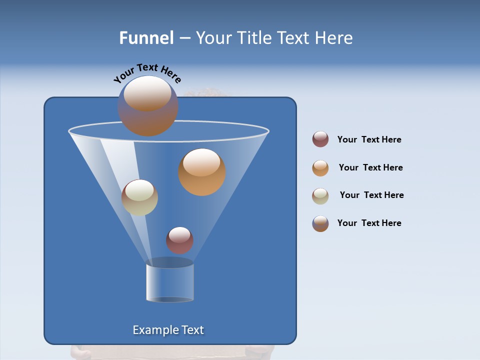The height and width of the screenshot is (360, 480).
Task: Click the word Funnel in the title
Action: (146, 38)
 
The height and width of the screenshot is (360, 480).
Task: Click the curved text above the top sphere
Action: (147, 72)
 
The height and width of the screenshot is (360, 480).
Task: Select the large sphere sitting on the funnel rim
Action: (147, 106)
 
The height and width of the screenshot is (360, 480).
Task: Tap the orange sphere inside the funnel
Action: (201, 172)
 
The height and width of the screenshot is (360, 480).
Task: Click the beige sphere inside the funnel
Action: (139, 197)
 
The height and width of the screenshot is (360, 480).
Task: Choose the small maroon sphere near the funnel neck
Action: (179, 240)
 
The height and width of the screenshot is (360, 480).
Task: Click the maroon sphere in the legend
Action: (320, 139)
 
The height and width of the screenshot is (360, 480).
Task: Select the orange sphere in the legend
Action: (320, 168)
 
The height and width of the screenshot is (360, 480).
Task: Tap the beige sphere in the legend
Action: (320, 196)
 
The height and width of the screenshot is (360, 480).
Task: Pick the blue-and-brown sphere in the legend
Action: (320, 223)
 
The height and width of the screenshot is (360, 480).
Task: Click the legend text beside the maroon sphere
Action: (369, 139)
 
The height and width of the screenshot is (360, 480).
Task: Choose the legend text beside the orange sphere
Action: (370, 167)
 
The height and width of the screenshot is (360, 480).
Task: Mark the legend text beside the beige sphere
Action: (371, 195)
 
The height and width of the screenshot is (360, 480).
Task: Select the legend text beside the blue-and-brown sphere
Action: (369, 223)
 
